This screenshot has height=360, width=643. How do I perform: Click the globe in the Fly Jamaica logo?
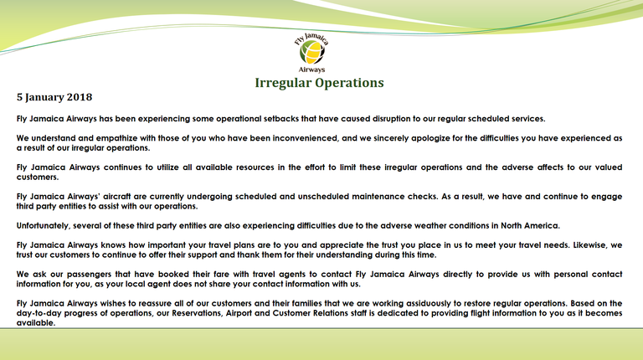[312, 53]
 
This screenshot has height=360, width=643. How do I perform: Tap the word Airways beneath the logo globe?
[311, 69]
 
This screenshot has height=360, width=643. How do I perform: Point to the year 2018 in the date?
[80, 97]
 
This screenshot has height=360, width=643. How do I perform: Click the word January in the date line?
[44, 98]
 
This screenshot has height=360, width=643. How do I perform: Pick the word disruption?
[391, 119]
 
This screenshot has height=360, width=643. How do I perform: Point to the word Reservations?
[198, 313]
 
